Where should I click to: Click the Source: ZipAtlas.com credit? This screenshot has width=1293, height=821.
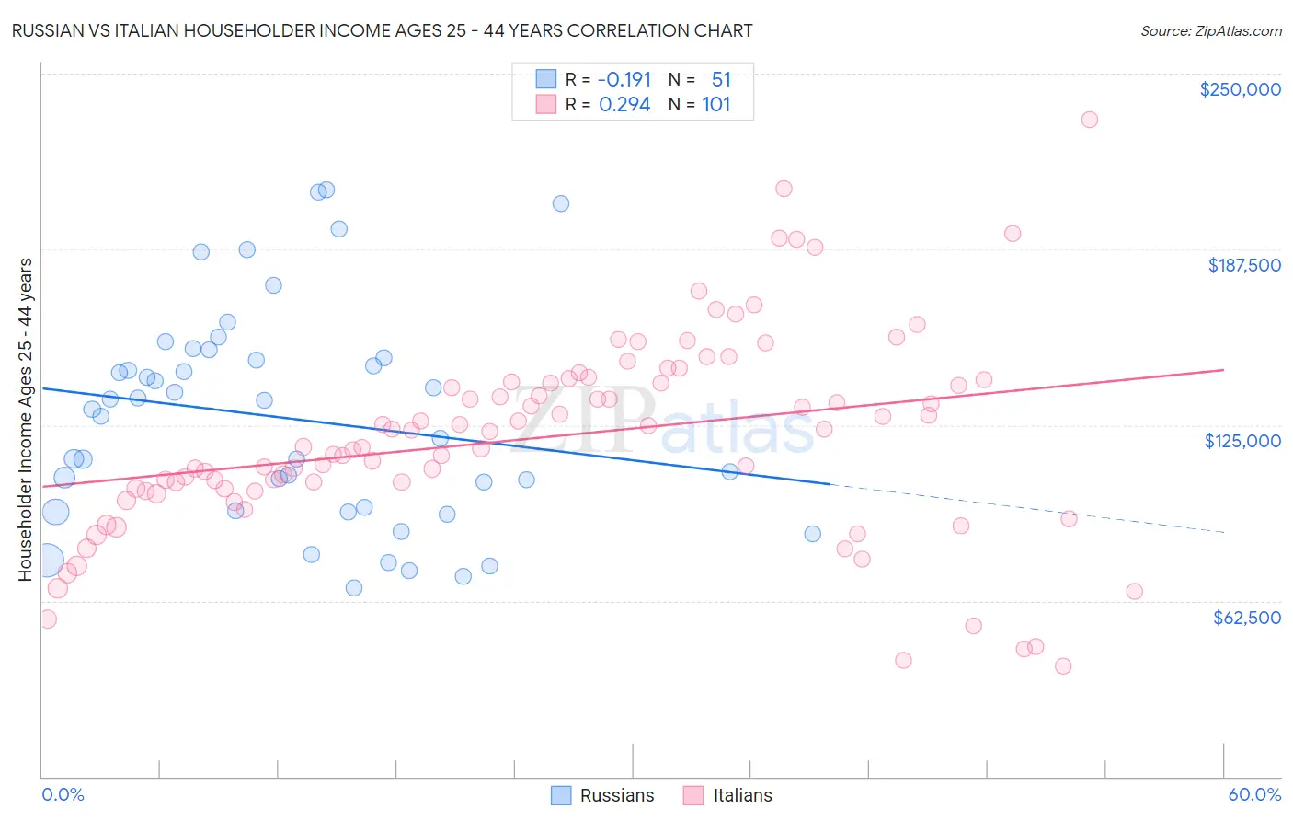[x=1210, y=31]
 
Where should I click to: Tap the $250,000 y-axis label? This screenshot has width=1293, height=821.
[x=1240, y=89]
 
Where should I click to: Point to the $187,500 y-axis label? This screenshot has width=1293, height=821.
[x=1243, y=265]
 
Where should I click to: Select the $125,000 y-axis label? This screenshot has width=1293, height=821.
[x=1242, y=441]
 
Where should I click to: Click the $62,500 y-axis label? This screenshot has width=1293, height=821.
[x=1246, y=618]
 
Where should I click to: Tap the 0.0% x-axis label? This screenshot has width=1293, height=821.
[x=63, y=794]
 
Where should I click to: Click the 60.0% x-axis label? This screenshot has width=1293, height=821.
[x=1254, y=794]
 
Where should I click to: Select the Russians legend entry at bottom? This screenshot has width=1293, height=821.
[x=603, y=795]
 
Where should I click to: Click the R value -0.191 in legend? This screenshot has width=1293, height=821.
[x=624, y=80]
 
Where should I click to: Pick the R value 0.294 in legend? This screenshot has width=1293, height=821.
[x=624, y=105]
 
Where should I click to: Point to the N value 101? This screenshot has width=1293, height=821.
[x=715, y=105]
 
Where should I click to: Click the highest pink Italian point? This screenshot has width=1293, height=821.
[x=1090, y=120]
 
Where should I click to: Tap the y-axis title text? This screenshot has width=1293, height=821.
[x=25, y=419]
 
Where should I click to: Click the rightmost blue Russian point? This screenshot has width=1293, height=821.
[x=813, y=534]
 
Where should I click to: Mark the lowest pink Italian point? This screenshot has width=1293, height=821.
[x=1063, y=666]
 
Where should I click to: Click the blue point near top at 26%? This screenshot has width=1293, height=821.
[x=561, y=203]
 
